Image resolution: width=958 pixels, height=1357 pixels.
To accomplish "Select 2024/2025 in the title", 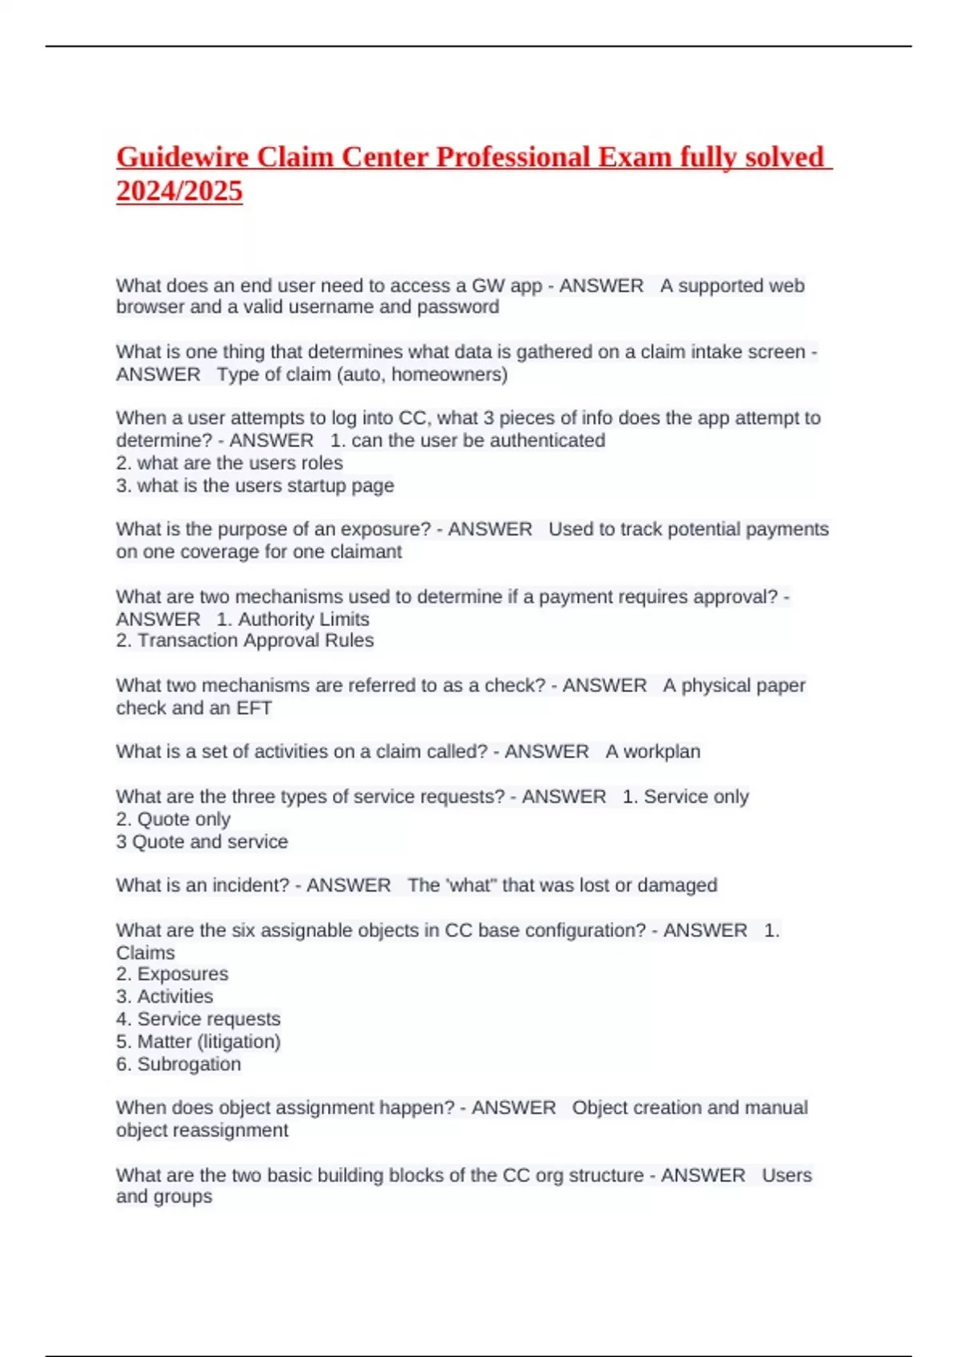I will click(180, 192).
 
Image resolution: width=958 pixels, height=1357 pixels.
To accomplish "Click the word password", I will click(461, 307).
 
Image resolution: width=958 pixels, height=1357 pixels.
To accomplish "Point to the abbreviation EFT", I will click(254, 708).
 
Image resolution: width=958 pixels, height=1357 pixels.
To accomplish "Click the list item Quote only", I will click(184, 819).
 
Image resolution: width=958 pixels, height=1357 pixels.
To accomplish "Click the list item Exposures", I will click(182, 974).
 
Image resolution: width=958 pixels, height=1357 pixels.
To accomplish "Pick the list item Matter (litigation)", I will click(208, 1042).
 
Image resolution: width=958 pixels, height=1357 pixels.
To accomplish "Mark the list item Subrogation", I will click(188, 1064).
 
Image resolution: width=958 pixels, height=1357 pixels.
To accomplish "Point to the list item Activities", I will click(175, 996).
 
